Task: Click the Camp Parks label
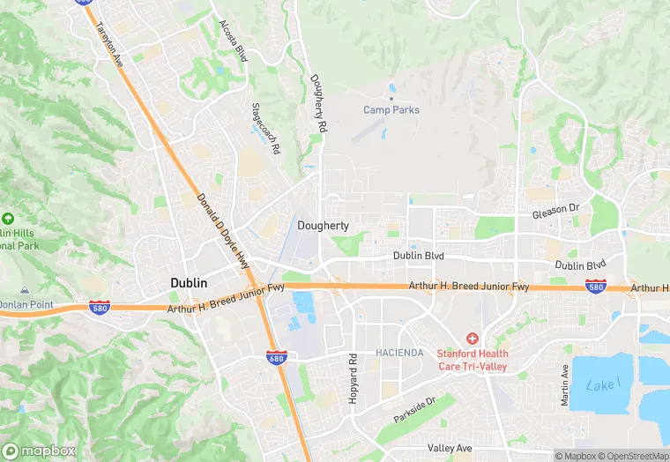(391, 110)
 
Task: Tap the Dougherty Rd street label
(318, 103)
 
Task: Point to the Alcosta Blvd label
(234, 41)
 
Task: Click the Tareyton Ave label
(108, 41)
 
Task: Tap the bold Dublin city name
(189, 283)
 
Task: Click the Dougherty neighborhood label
(323, 226)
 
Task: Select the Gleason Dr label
(555, 214)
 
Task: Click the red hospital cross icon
(473, 339)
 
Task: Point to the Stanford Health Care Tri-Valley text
(473, 360)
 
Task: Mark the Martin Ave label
(565, 385)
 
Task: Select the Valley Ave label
(449, 448)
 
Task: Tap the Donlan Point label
(26, 305)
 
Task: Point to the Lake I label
(604, 384)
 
